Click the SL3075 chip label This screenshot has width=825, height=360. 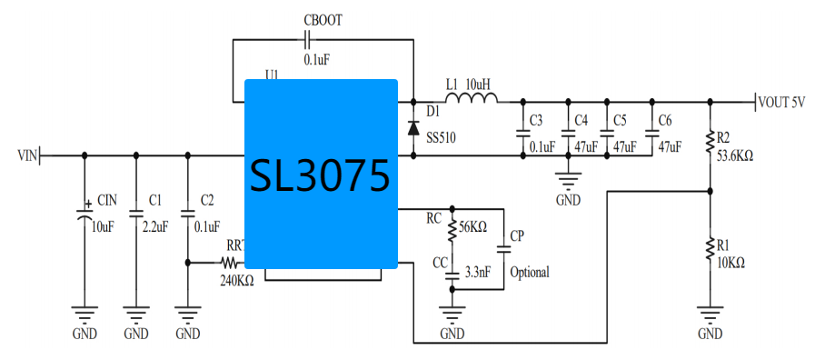point(321,175)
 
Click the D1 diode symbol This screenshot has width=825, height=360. point(413,125)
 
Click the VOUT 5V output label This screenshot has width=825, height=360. point(783,103)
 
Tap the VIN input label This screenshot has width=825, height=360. point(27,156)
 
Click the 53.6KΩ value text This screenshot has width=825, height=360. point(735,155)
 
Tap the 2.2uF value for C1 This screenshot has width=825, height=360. point(155,226)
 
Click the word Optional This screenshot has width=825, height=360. point(530,272)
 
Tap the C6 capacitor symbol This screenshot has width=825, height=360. point(651,132)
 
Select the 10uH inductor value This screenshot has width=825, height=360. point(479,85)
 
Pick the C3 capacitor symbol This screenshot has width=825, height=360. point(523,133)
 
